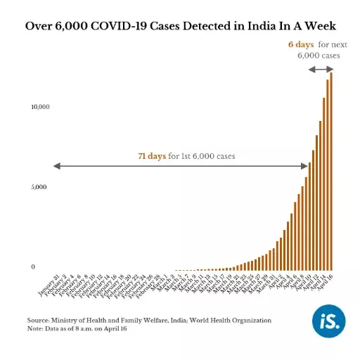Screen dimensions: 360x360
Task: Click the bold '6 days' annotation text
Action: point(300,44)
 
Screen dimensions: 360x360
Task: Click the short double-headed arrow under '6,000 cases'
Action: point(321,69)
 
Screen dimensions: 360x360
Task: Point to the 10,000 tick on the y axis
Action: point(39,107)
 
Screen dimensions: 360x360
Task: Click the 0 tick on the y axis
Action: point(32,267)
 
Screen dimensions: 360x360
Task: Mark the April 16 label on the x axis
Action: point(323,282)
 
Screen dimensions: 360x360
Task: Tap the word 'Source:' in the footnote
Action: point(38,320)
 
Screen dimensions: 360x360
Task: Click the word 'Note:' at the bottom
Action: point(35,328)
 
